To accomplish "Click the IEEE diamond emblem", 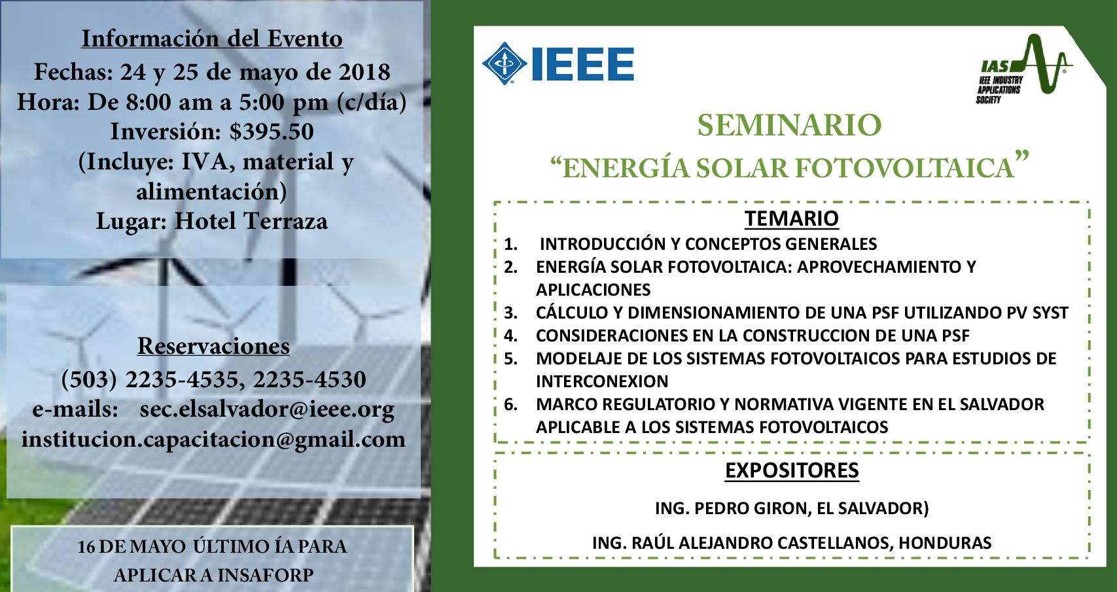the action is click(x=504, y=63).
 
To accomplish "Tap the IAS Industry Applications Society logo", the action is click(x=1024, y=69).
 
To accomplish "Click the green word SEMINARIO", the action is click(x=789, y=125).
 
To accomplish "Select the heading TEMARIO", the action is click(x=791, y=218).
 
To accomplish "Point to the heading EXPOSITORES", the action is click(x=792, y=470).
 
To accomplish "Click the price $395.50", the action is click(x=272, y=131).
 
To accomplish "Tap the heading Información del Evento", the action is click(x=212, y=39).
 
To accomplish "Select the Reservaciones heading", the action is click(x=213, y=346).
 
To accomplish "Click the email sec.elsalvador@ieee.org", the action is click(x=267, y=409).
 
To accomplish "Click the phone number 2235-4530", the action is click(x=309, y=379).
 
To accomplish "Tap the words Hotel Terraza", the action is click(x=251, y=221).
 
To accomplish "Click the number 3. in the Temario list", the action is click(x=510, y=313).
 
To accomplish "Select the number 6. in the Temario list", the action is click(x=510, y=405).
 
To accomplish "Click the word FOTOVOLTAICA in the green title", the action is click(x=904, y=167).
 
